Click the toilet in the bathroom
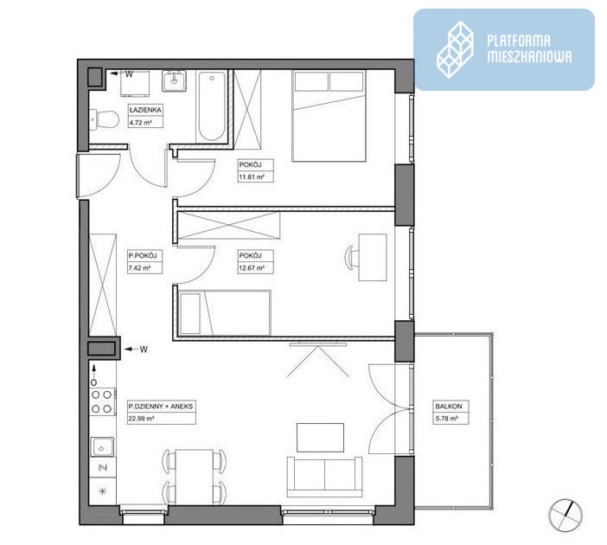(104, 119)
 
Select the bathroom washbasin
(174, 80)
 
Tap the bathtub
(211, 106)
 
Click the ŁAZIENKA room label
(145, 110)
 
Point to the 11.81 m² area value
(252, 177)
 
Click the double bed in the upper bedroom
(329, 115)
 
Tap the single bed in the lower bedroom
(225, 312)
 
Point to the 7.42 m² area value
(140, 267)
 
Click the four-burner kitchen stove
(102, 401)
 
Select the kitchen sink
(102, 447)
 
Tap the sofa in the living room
(325, 477)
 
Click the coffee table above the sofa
(321, 438)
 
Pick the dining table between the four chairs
(194, 477)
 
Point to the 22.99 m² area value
(141, 419)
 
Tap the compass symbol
(565, 516)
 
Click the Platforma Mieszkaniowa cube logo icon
(455, 50)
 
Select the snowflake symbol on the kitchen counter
(102, 491)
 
